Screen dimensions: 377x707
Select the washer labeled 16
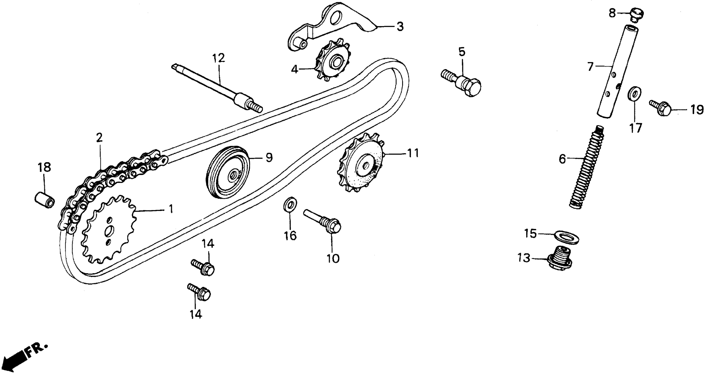290,204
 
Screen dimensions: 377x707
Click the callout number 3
400,27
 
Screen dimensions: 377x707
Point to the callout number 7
590,67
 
